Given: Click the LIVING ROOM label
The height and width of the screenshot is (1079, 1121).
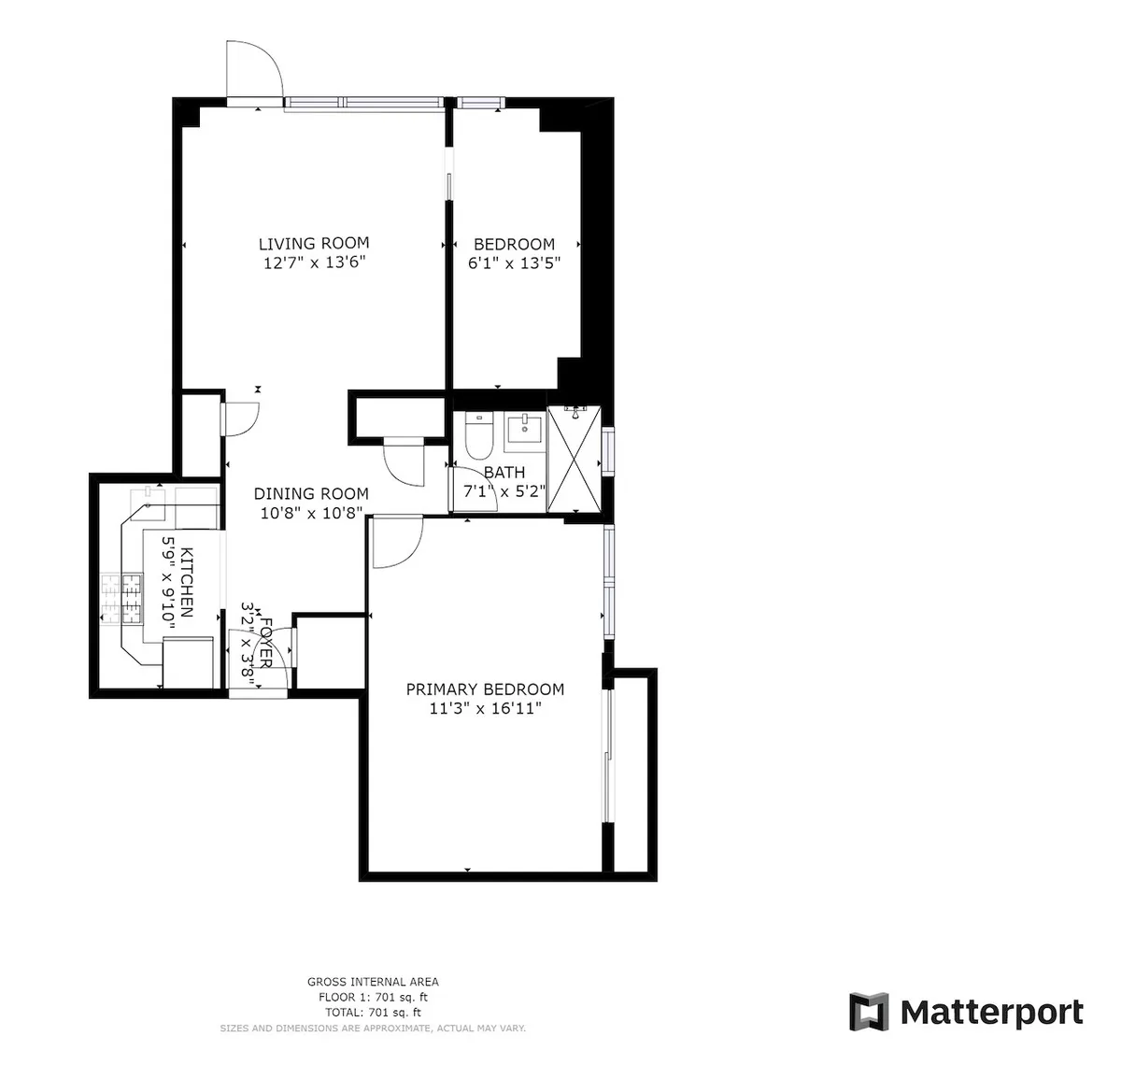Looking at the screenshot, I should point(314,244).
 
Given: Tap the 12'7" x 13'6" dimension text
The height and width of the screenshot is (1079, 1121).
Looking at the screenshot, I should point(314,263).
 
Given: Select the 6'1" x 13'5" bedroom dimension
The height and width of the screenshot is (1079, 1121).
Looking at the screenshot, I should point(514,263).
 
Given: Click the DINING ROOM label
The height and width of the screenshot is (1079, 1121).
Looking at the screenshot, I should point(311,493).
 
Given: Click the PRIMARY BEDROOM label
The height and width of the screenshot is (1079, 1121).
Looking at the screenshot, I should point(485,689).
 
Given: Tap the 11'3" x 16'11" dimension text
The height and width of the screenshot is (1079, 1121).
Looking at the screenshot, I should point(485,709).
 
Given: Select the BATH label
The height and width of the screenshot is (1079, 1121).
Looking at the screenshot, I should point(504,473).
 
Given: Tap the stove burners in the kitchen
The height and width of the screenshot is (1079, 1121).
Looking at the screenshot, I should point(121,599).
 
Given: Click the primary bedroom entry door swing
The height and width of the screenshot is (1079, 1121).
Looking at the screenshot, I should point(396,542).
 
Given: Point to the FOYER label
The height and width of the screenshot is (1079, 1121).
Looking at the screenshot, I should point(265,643).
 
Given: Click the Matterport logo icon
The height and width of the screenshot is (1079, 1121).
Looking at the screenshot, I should point(869,1012).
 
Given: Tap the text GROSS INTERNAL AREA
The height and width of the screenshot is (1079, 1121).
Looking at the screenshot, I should point(373,982).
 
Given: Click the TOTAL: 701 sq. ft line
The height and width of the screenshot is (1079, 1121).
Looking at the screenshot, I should point(373,1013).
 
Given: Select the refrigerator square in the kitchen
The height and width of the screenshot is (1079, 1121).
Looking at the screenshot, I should point(189,662).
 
